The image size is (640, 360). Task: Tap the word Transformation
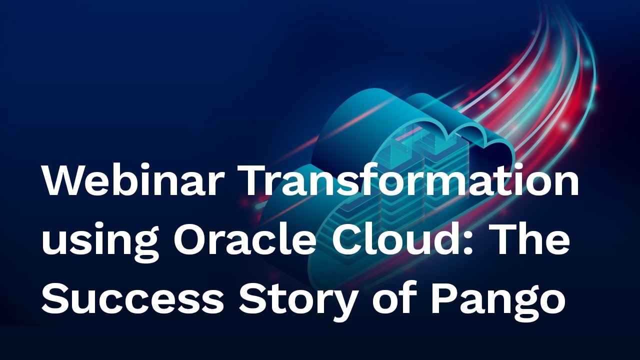pos(409,181)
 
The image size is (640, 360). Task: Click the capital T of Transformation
pos(256,181)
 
